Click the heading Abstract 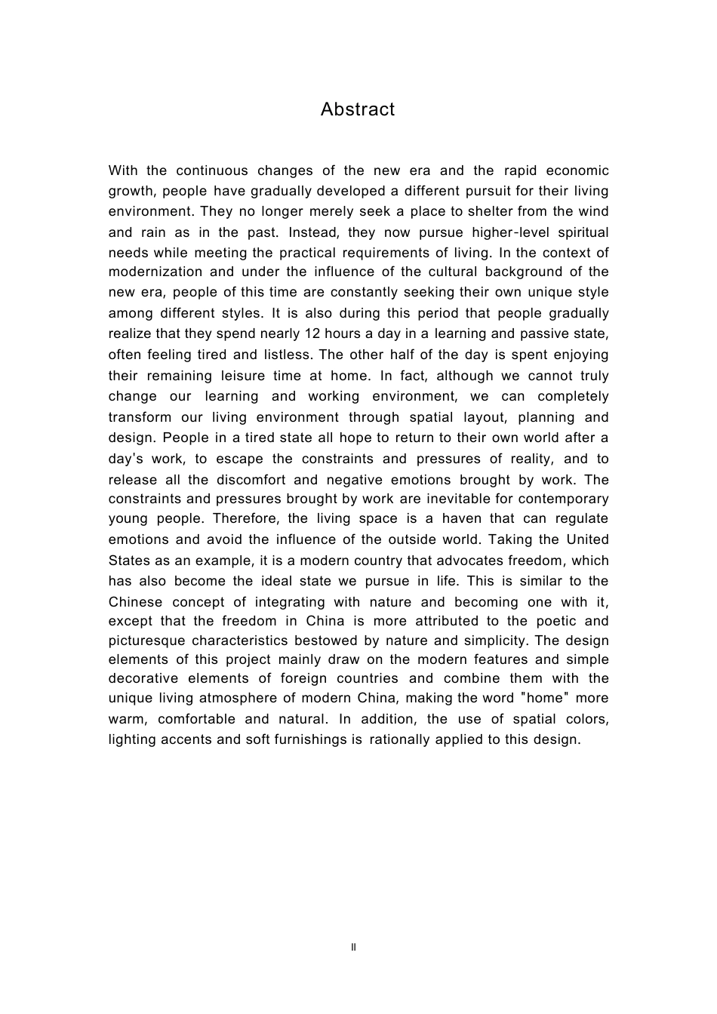coord(357,109)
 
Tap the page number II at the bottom coord(354,947)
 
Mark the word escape coord(238,459)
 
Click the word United coord(587,539)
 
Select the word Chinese coord(135,602)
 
